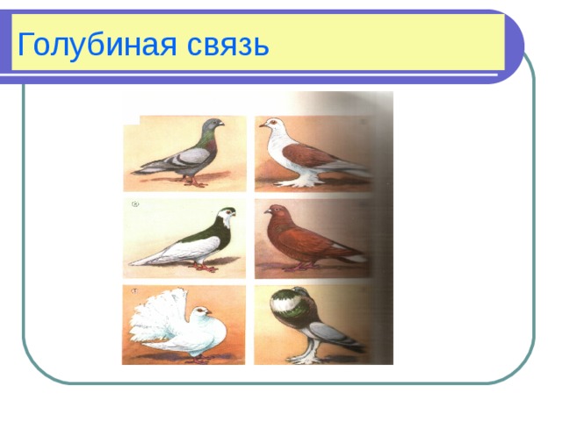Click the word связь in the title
pos(227,42)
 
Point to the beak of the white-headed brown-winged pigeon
pos(262,125)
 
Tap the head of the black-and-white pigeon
pos(227,214)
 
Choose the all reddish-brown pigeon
pos(307,239)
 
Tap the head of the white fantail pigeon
pos(203,312)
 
